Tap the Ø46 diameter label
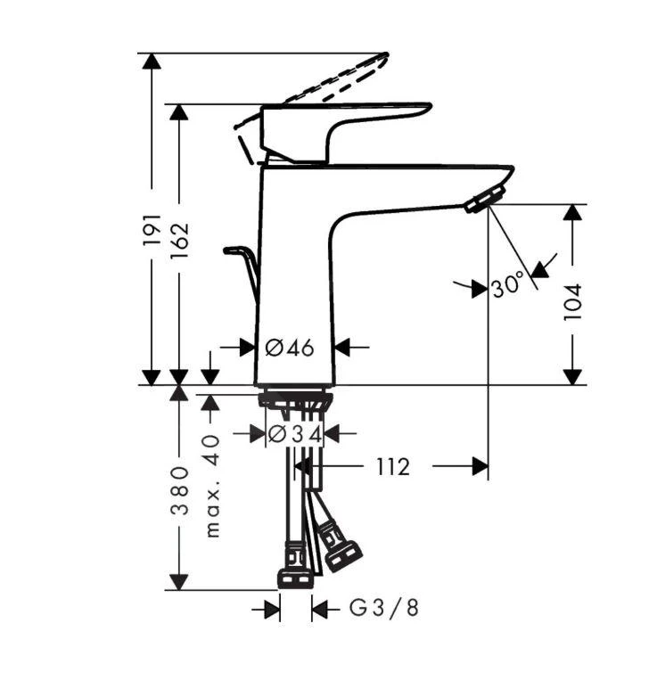pos(291,348)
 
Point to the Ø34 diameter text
pos(293,434)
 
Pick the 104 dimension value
pos(573,301)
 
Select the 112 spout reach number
pos(392,466)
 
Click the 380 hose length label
pos(179,489)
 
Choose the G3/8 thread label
pos(383,609)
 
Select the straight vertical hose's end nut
pos(294,576)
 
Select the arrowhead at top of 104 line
pos(573,213)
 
